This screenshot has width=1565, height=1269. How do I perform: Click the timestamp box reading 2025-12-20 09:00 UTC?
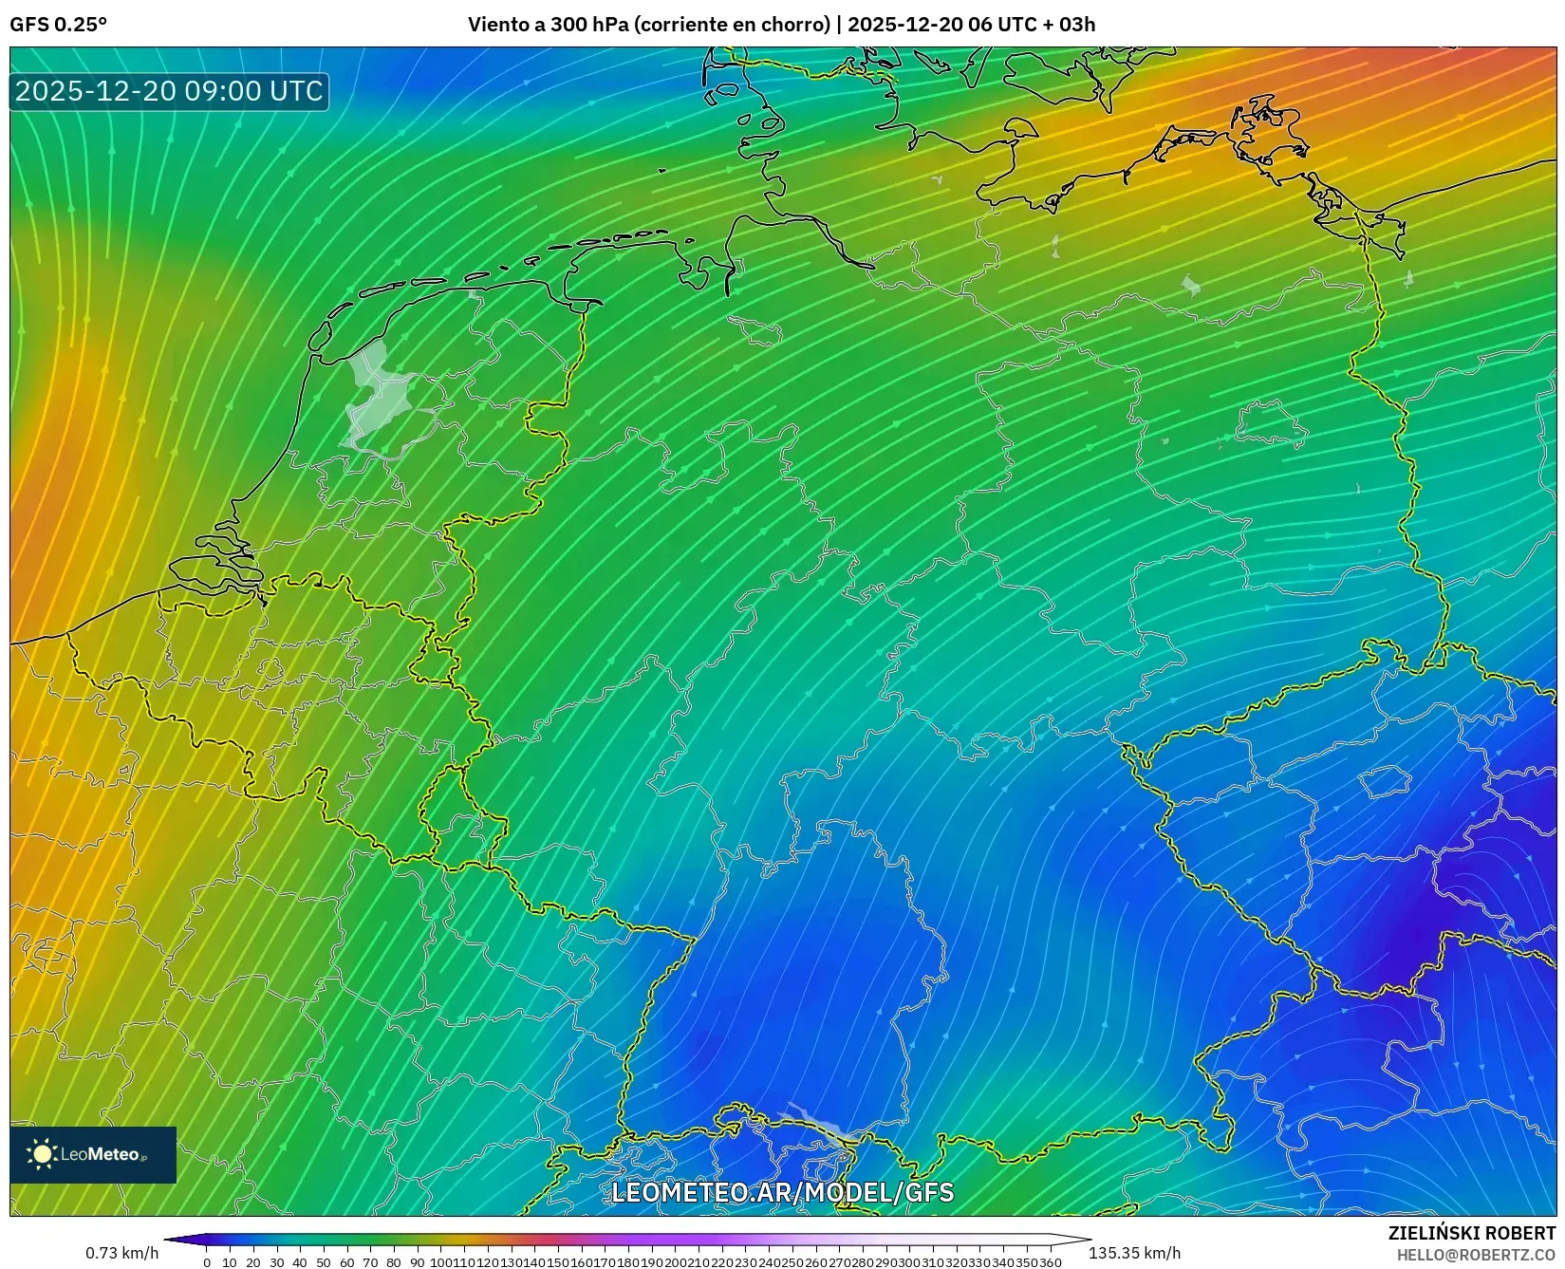169,91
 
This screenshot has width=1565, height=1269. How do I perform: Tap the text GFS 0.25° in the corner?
58,25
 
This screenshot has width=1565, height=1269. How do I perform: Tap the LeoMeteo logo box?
93,1154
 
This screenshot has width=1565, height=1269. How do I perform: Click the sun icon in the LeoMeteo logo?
42,1154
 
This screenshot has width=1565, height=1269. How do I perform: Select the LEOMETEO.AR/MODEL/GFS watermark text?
782,1192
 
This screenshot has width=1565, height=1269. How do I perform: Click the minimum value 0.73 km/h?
121,1253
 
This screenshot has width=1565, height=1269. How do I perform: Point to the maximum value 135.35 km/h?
1134,1253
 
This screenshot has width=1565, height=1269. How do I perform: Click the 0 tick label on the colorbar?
207,1262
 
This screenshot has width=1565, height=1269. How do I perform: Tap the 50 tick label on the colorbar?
323,1262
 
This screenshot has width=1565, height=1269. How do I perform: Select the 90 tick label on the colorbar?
417,1262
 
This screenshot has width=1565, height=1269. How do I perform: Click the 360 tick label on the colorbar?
1051,1262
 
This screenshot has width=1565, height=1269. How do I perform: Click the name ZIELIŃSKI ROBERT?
1471,1233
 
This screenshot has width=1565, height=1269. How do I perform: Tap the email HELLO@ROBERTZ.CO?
1475,1255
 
